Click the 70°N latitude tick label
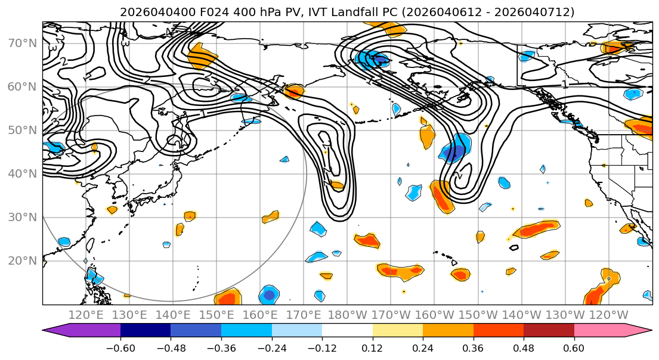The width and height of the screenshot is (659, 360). coord(21,44)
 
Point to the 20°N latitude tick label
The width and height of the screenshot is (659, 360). coord(21,261)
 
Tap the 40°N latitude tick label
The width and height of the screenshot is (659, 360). coord(21,174)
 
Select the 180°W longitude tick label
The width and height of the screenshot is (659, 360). coord(348,315)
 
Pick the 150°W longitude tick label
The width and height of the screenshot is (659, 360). coord(478,315)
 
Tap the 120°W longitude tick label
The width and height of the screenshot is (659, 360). coord(608,315)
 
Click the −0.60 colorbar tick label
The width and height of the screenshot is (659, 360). coord(120,347)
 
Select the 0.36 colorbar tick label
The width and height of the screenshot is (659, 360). coord(473,347)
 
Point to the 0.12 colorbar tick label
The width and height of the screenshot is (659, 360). coord(372,347)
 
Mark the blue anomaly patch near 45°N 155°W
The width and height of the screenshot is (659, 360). coord(456,148)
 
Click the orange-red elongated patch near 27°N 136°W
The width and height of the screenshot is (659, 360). coord(536,228)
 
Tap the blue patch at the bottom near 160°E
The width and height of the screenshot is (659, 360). coord(268,294)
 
